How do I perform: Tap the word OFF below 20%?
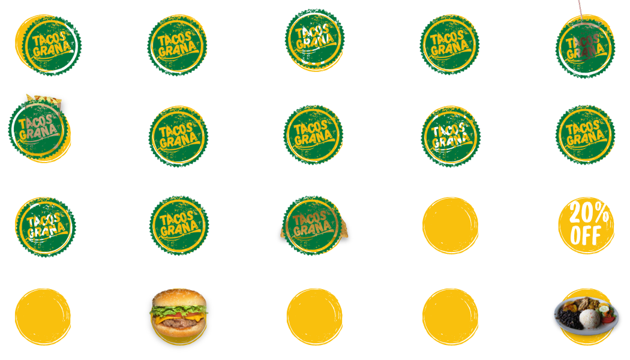586,236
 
